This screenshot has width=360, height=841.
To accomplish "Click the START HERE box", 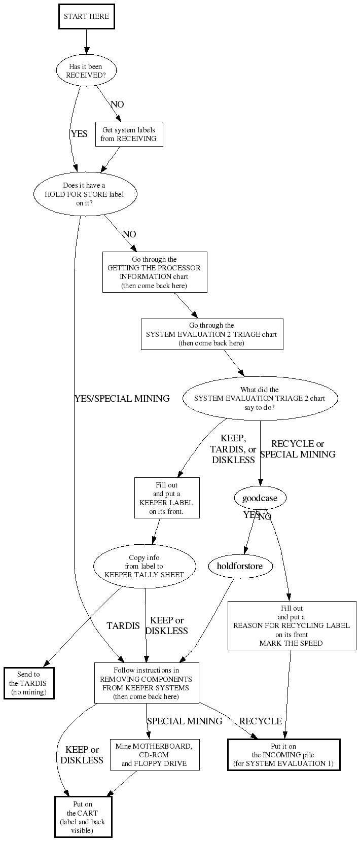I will pyautogui.click(x=86, y=16).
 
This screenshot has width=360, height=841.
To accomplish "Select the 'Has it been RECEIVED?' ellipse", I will pyautogui.click(x=86, y=71).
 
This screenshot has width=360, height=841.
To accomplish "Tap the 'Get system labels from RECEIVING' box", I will pyautogui.click(x=129, y=134).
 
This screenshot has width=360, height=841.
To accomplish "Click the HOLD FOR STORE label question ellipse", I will pyautogui.click(x=86, y=194).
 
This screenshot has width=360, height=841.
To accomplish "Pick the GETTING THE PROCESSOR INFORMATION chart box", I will pyautogui.click(x=154, y=272).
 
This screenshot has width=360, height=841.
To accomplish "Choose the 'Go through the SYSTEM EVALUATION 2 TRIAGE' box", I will pyautogui.click(x=211, y=334).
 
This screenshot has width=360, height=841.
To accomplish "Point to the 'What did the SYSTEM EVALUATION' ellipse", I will pyautogui.click(x=260, y=399).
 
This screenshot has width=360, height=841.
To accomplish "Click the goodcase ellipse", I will pyautogui.click(x=260, y=498).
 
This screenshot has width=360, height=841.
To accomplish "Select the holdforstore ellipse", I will pyautogui.click(x=240, y=566).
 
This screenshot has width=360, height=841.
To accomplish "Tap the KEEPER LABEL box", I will pyautogui.click(x=166, y=498).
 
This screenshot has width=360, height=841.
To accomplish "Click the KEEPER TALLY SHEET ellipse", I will pyautogui.click(x=145, y=566).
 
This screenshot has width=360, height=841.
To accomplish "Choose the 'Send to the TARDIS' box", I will pyautogui.click(x=29, y=683).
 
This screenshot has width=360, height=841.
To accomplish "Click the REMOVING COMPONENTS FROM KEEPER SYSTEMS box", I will pyautogui.click(x=146, y=683).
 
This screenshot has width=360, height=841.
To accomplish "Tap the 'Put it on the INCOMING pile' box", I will pyautogui.click(x=283, y=755).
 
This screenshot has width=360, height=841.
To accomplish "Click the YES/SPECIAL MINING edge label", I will pyautogui.click(x=122, y=399).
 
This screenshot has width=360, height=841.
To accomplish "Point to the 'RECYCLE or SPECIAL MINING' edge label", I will pyautogui.click(x=298, y=449).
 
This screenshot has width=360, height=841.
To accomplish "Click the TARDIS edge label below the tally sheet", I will pyautogui.click(x=123, y=626).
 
